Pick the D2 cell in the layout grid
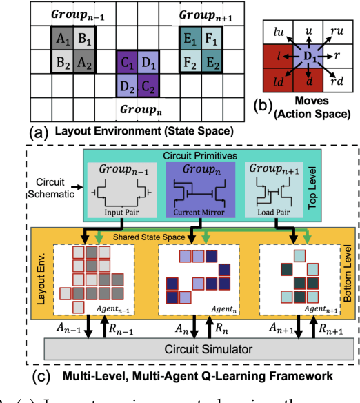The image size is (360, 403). tap(127, 87)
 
